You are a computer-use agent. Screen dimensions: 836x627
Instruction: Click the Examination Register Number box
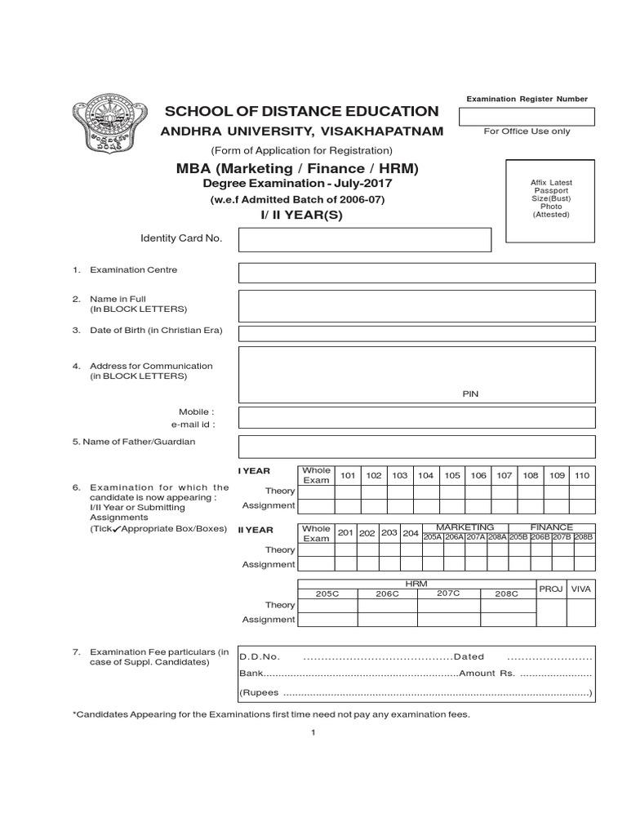point(527,116)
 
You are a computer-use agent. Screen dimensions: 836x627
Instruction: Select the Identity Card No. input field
point(365,240)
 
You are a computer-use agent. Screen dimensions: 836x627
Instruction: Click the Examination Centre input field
point(416,273)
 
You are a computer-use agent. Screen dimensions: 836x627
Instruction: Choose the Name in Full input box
point(416,305)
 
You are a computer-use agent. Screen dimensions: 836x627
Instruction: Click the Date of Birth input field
point(416,332)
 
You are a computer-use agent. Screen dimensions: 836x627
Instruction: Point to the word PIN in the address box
point(470,394)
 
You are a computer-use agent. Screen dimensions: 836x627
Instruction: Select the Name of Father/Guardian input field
point(416,446)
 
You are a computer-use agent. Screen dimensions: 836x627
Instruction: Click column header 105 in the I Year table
point(452,475)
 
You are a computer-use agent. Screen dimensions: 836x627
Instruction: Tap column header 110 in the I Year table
point(582,475)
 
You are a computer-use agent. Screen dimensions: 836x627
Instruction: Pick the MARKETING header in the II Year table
point(465,527)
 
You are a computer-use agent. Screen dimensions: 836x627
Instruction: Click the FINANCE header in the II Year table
point(552,527)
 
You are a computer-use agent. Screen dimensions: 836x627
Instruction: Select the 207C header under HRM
point(448,593)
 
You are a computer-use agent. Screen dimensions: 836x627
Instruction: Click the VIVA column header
point(580,589)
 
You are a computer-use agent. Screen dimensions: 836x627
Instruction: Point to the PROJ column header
point(551,589)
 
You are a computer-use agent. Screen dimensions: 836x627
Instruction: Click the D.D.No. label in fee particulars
point(260,656)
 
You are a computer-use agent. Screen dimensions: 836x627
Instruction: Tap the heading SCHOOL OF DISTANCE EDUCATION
point(302,111)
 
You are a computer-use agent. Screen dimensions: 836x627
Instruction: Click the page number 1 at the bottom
point(313,732)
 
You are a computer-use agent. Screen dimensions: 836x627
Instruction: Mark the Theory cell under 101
point(348,491)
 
